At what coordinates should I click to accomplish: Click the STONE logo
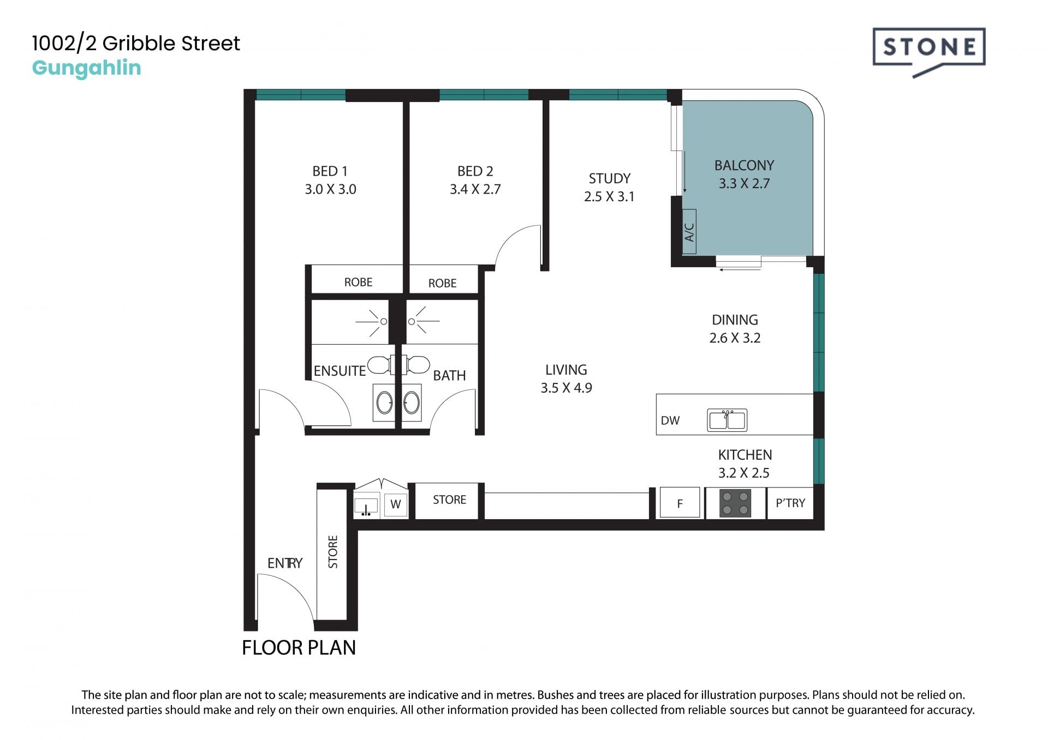pos(929,51)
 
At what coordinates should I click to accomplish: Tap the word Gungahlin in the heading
pos(86,68)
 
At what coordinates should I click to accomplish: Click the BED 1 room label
pos(330,171)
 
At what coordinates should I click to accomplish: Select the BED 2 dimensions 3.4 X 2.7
pos(475,189)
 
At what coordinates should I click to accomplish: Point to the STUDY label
pos(609,178)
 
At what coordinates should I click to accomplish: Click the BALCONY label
pos(744,165)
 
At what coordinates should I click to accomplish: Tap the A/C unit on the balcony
pos(689,231)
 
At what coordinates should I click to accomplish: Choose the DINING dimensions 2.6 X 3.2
pos(735,338)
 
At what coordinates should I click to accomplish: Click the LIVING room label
pos(566,370)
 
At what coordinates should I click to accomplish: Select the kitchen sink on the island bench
pos(727,420)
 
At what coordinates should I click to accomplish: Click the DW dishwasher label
pos(670,420)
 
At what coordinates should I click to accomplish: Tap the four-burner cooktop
pos(735,503)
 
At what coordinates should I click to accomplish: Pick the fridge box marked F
pos(680,502)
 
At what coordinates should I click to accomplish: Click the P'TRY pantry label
pos(790,503)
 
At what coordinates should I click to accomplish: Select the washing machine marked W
pos(396,504)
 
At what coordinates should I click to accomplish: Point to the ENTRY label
pos(284,563)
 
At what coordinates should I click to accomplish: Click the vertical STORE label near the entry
pos(333,552)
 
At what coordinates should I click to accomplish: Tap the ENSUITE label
pos(340,371)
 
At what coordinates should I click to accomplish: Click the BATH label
pos(449,376)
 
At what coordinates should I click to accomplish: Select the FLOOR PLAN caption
pos(299,647)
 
